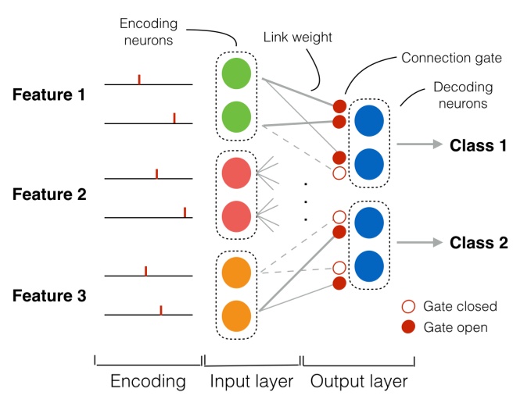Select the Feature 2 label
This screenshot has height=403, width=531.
48,194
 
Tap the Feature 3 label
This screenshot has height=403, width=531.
48,296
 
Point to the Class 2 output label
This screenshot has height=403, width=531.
478,243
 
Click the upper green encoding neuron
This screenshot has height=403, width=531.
236,74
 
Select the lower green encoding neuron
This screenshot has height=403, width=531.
236,119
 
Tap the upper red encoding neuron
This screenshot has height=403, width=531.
236,173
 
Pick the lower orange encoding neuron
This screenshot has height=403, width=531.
236,315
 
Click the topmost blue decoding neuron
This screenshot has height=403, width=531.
368,121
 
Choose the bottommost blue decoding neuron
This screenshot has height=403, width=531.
368,266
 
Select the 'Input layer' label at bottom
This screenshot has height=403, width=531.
251,381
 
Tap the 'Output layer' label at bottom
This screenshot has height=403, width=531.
358,381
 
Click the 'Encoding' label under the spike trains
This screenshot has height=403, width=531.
148,381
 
